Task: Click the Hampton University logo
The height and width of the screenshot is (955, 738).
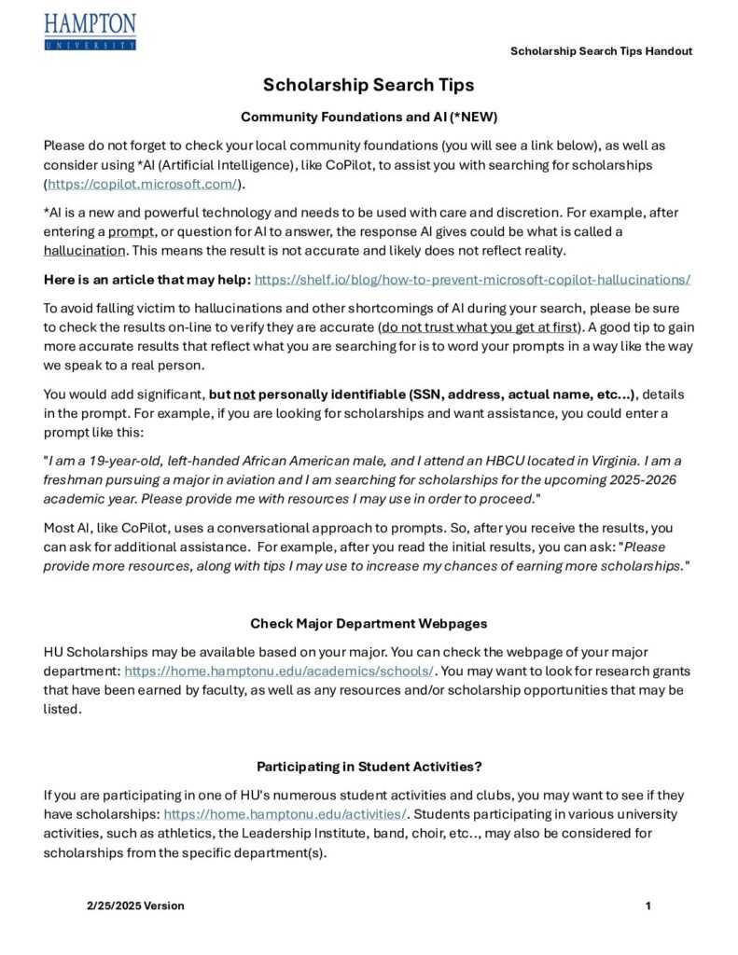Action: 90,32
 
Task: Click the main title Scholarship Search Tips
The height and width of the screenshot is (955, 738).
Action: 369,85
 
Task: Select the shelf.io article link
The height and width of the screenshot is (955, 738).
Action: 472,279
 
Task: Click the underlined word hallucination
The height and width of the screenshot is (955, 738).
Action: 84,250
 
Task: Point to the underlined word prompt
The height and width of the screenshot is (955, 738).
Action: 132,231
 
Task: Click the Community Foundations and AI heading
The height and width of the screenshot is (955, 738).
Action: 369,118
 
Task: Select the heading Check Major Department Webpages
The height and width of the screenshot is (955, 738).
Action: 369,623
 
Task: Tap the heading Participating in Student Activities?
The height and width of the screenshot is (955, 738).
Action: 369,767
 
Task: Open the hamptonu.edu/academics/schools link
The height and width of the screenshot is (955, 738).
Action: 279,671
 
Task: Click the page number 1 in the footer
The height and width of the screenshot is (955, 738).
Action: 647,906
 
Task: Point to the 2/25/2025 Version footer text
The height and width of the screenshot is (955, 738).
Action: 135,906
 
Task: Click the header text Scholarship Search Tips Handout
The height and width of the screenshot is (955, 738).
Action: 601,51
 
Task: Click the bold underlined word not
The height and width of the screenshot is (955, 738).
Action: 244,394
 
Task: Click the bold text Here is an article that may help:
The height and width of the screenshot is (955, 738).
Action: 146,279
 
